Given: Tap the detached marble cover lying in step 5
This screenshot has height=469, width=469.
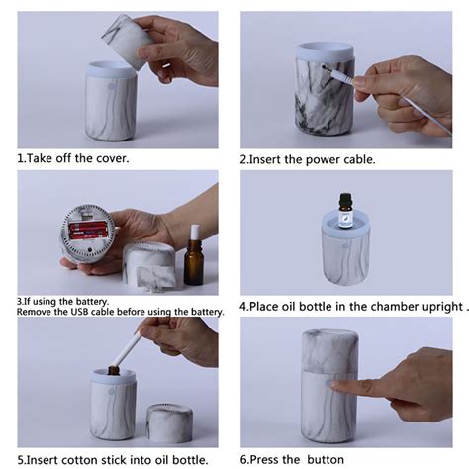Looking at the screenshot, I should (170, 423).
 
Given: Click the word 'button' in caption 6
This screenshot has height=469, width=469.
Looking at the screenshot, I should (326, 459).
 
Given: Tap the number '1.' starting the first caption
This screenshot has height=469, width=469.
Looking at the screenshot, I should (21, 158).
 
